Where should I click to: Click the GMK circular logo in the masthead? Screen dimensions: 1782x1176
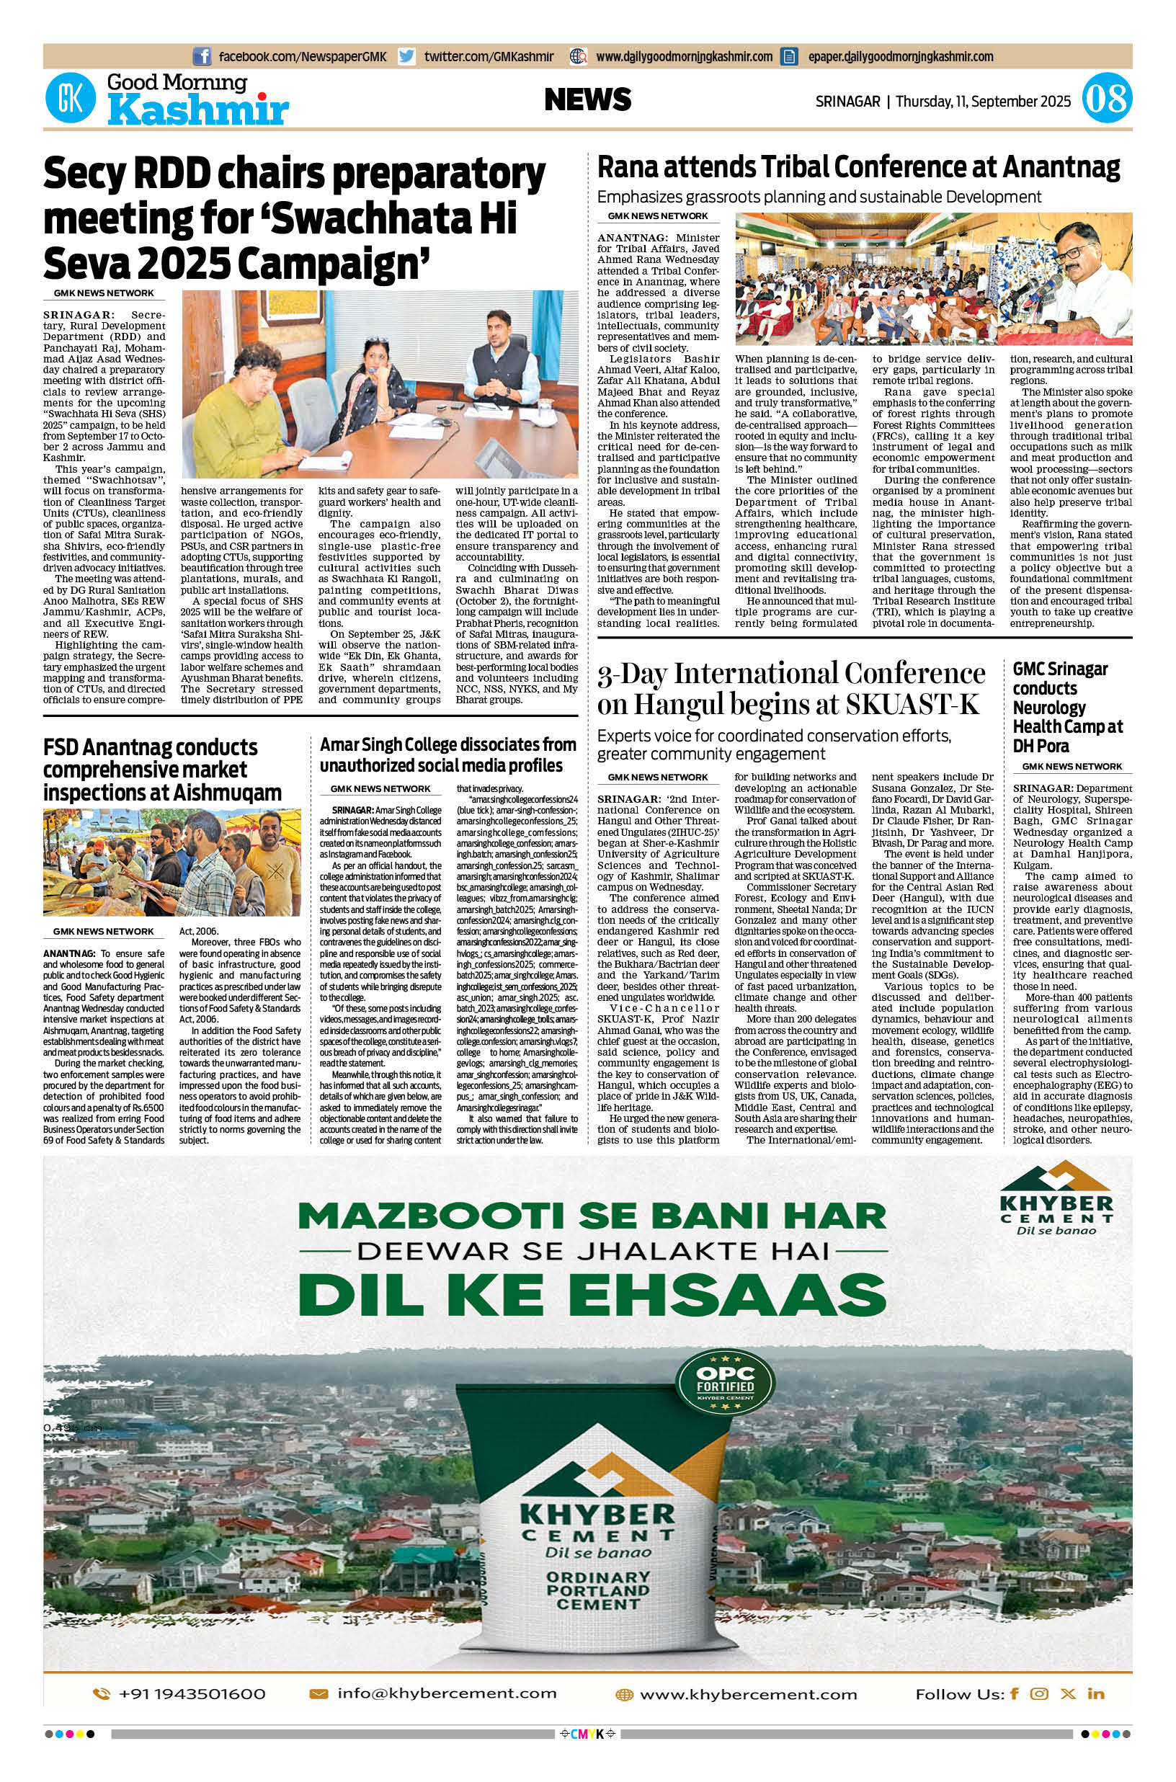[x=71, y=99]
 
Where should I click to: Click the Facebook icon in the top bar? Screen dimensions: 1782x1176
[x=202, y=56]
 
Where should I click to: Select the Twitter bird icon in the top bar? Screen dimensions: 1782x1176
[x=406, y=56]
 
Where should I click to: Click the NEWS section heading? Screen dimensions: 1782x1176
[x=587, y=99]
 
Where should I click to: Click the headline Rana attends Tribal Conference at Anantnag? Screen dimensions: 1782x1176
[x=858, y=167]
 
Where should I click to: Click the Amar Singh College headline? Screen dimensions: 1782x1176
[x=447, y=754]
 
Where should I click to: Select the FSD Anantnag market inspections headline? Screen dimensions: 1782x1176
[x=162, y=770]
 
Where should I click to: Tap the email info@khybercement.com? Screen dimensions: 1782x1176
[x=447, y=1693]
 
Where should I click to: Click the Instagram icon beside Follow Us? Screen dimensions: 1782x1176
[x=1039, y=1693]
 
